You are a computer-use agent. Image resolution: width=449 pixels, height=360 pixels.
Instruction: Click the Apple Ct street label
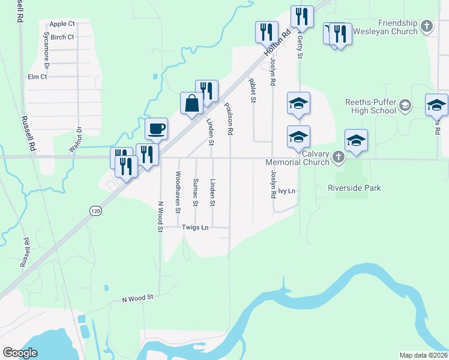tap(62, 24)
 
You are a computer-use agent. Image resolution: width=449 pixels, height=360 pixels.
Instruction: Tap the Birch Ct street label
tap(62, 37)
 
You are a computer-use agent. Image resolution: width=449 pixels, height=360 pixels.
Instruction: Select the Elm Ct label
tap(37, 77)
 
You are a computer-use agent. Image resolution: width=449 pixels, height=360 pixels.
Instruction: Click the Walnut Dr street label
tap(75, 140)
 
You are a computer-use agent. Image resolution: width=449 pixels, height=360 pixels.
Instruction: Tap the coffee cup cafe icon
tap(156, 128)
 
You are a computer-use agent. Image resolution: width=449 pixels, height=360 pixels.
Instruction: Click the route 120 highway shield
tap(96, 211)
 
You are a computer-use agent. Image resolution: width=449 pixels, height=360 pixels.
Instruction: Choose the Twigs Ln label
tap(195, 227)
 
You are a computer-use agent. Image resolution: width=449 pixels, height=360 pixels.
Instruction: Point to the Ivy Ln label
tap(287, 191)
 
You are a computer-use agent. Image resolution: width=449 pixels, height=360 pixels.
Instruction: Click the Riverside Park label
tap(354, 188)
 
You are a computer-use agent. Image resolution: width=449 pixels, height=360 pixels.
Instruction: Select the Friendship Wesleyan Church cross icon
tap(426, 26)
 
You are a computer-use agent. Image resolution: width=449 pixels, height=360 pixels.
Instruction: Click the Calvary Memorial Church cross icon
tap(339, 158)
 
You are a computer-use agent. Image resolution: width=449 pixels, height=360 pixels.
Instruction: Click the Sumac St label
tap(196, 192)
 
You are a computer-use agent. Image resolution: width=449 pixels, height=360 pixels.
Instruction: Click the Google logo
tap(20, 353)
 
